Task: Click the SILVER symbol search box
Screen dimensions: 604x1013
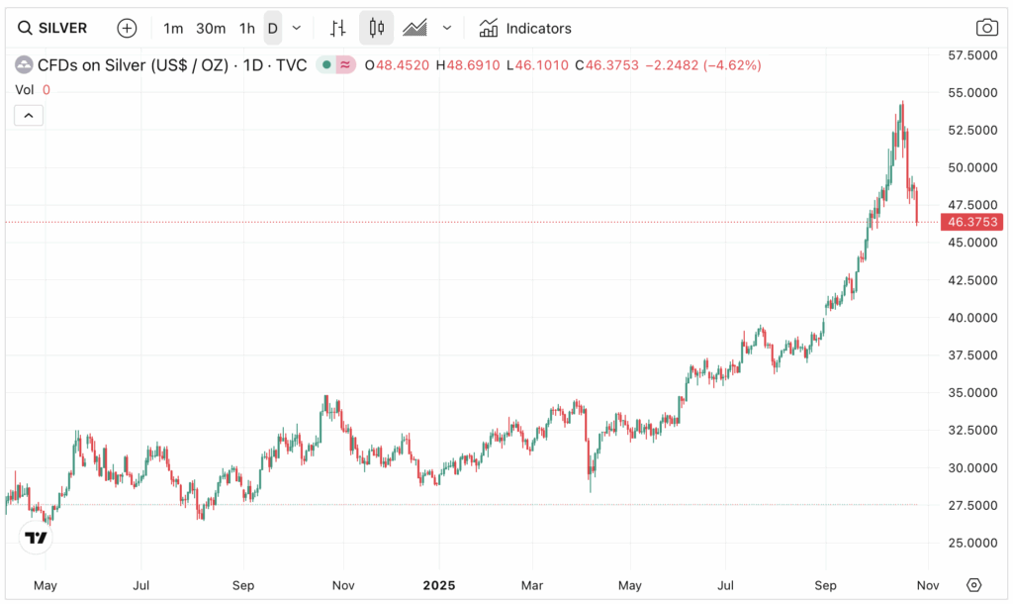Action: (x=53, y=28)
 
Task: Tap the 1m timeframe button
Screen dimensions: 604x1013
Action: (x=173, y=28)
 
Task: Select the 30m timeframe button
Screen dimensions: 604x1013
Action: (x=210, y=28)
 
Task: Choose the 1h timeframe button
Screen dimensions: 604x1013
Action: (x=246, y=28)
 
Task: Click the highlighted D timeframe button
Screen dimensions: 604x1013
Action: (x=272, y=28)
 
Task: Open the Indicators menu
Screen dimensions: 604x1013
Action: (x=525, y=28)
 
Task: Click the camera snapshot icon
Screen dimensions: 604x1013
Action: (x=986, y=28)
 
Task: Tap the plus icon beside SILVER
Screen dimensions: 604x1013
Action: (x=127, y=28)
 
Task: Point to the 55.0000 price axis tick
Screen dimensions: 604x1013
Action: (x=971, y=92)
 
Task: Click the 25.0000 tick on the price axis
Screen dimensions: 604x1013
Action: (x=971, y=543)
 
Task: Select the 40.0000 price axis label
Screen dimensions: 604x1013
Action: (x=971, y=318)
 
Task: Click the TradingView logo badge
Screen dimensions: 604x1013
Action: (x=37, y=538)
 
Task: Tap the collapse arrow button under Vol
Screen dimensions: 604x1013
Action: (x=28, y=116)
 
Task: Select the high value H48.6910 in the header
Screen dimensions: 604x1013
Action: (x=468, y=65)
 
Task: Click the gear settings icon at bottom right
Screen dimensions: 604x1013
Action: (x=973, y=584)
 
